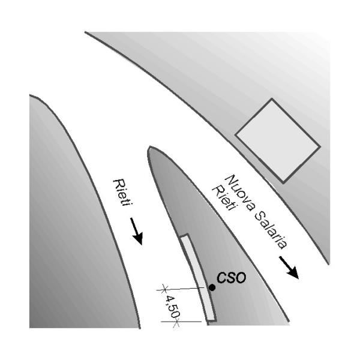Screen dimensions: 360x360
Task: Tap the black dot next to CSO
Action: (212, 288)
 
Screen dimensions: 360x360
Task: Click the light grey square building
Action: (278, 140)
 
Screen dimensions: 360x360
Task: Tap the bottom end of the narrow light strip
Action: (210, 319)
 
